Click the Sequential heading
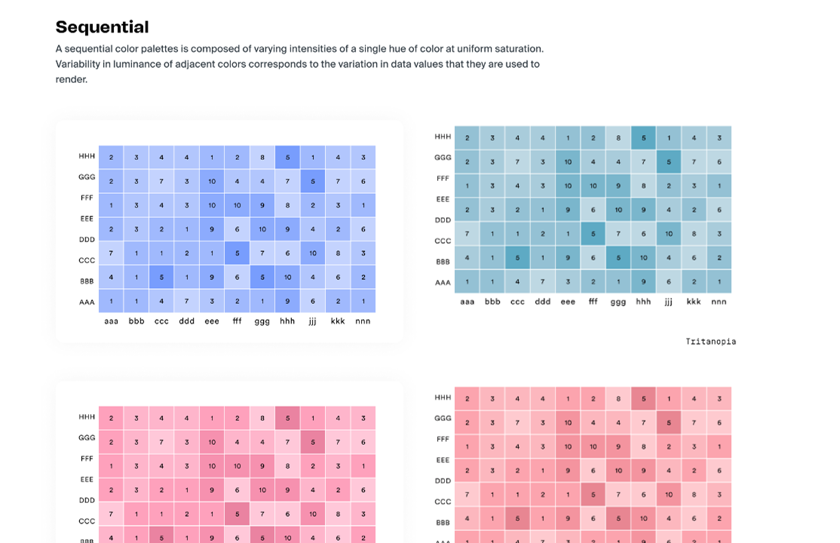click(102, 27)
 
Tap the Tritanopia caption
click(710, 342)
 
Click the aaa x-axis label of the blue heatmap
click(112, 321)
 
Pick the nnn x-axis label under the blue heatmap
click(363, 321)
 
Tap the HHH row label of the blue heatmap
click(87, 156)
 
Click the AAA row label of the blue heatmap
click(87, 302)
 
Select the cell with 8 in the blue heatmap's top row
click(262, 158)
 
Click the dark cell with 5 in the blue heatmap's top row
click(287, 158)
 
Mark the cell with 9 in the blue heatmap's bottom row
click(287, 302)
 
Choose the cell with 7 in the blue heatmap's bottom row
click(187, 302)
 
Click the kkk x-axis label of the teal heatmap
click(694, 302)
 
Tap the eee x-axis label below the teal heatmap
click(568, 302)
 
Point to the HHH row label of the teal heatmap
click(443, 137)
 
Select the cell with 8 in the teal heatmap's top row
click(618, 137)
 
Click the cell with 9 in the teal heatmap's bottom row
click(643, 282)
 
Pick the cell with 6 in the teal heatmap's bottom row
click(669, 282)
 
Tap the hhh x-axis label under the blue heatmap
click(287, 321)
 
